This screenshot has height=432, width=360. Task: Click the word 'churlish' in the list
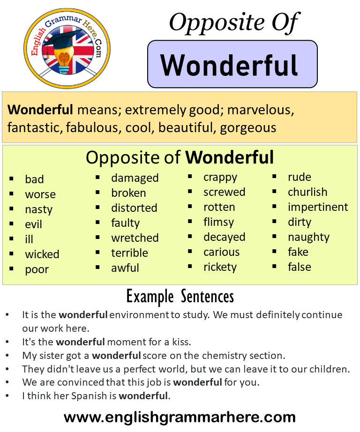pyautogui.click(x=307, y=192)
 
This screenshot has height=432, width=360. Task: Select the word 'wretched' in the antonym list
pyautogui.click(x=135, y=238)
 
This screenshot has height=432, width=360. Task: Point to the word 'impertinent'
pyautogui.click(x=318, y=207)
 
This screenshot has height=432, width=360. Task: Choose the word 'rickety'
pyautogui.click(x=220, y=267)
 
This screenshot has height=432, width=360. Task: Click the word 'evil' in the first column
pyautogui.click(x=33, y=224)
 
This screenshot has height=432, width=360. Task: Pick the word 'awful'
pyautogui.click(x=125, y=268)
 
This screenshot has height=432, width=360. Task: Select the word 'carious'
pyautogui.click(x=221, y=252)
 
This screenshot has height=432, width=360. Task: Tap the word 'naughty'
pyautogui.click(x=308, y=238)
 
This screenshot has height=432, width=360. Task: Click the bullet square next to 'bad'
pyautogui.click(x=11, y=179)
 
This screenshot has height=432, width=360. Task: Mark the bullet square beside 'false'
pyautogui.click(x=274, y=267)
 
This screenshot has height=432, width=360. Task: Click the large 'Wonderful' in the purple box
pyautogui.click(x=229, y=65)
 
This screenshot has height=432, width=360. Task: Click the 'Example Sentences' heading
pyautogui.click(x=180, y=297)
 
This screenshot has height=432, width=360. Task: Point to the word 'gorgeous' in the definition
pyautogui.click(x=248, y=128)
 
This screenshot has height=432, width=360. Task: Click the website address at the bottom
pyautogui.click(x=180, y=417)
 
